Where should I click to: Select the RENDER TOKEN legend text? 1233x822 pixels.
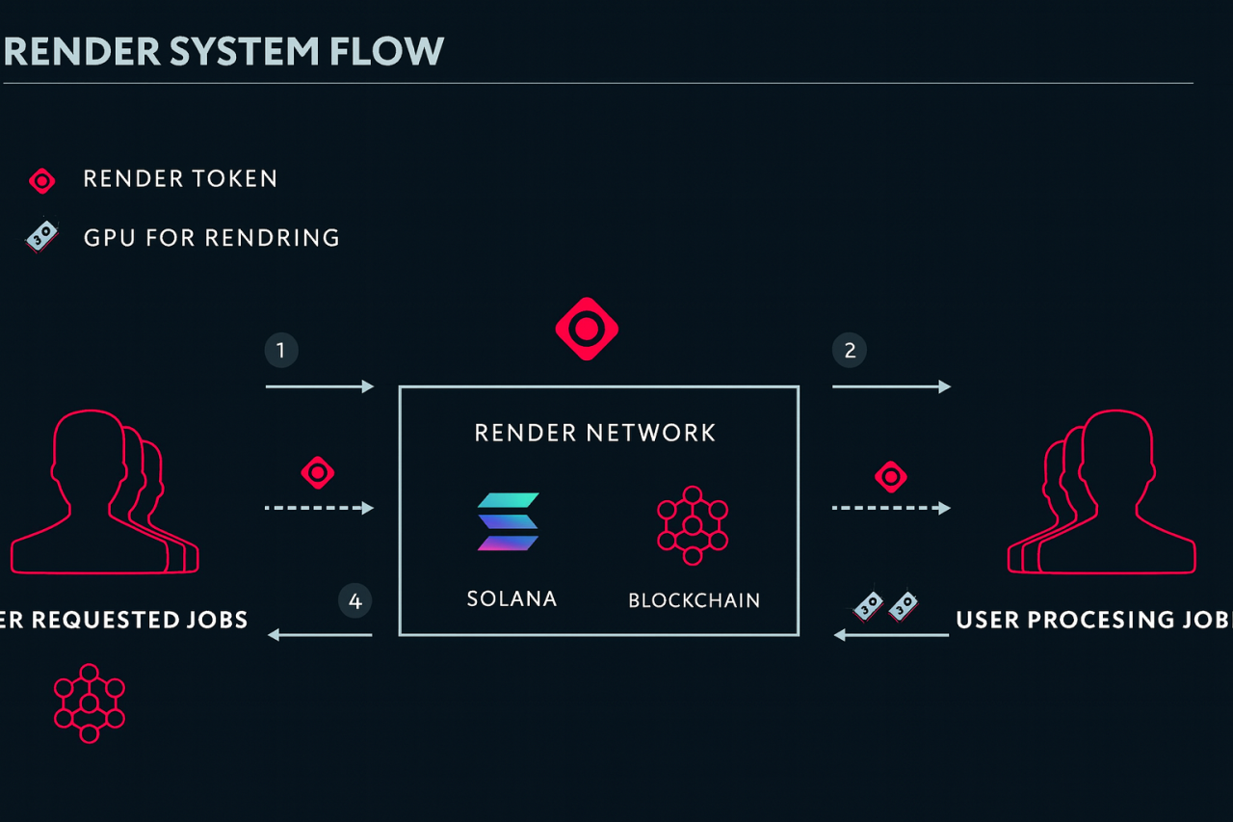tap(180, 178)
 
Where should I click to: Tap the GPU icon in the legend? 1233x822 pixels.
tap(41, 237)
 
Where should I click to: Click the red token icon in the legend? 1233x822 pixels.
tap(42, 180)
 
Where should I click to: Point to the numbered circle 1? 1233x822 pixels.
tap(281, 351)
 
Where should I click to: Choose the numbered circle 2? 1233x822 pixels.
tap(850, 351)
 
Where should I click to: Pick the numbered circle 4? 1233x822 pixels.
tap(355, 601)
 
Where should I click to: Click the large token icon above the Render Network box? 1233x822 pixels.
tap(587, 329)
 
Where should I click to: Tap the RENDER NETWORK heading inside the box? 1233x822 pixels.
tap(595, 433)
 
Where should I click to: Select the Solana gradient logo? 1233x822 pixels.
tap(509, 521)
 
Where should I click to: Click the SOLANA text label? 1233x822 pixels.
tap(512, 598)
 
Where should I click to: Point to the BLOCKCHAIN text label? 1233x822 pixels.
tap(694, 600)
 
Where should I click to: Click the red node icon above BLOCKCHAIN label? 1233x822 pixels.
tap(692, 525)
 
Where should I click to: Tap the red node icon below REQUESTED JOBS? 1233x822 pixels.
tap(89, 703)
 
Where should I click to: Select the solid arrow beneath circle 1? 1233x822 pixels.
tap(320, 386)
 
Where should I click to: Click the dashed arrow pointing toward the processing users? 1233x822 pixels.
tap(891, 508)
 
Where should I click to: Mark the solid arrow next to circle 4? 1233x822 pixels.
tap(320, 634)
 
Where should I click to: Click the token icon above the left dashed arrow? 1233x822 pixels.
tap(318, 473)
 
